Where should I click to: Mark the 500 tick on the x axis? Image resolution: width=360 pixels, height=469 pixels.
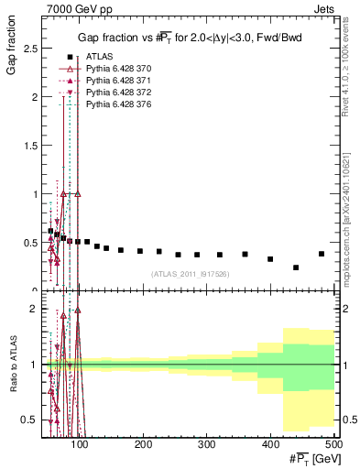click(333, 443)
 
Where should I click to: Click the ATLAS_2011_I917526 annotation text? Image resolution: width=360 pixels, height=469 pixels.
click(191, 274)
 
